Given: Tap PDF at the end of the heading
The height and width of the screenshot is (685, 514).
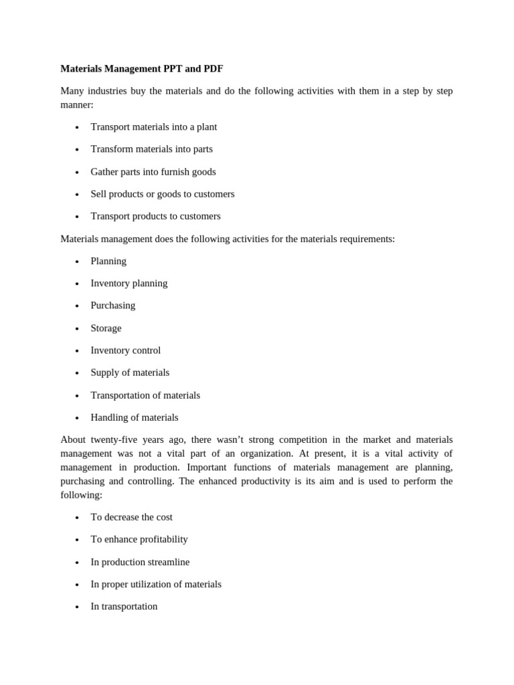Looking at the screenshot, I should pos(214,69).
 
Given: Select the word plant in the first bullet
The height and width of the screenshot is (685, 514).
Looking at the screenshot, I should pos(205,127).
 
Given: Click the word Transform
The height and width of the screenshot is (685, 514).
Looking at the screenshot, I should pos(110,149).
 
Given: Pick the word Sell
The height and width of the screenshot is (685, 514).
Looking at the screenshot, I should pos(99,194).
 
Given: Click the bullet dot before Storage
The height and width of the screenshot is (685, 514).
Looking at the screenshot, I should pos(77,329).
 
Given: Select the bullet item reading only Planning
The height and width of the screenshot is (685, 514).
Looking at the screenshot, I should pos(108,262).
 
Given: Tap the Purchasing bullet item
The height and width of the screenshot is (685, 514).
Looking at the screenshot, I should pos(112,306).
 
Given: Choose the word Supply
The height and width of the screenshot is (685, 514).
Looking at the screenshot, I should pos(105,373).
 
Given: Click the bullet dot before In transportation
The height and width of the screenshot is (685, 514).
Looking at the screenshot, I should pos(77,607).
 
